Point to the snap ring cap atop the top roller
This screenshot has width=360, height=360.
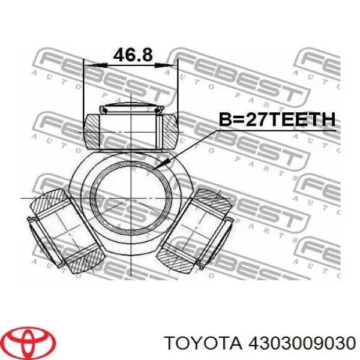click(131, 109)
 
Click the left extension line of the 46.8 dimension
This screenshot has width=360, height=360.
click(84, 90)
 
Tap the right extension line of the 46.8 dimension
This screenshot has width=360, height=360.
click(178, 90)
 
